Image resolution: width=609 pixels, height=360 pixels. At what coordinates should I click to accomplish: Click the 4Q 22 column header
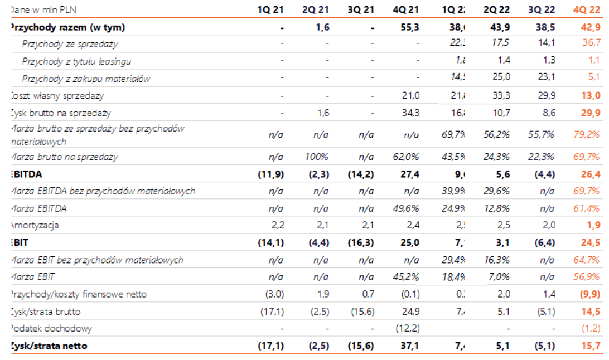pos(587,9)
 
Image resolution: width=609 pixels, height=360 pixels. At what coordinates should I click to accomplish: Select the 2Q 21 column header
pos(316,9)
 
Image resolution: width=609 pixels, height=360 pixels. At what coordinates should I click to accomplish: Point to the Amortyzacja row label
pos(33,226)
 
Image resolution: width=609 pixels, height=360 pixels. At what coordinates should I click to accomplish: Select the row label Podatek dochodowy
pos(51,329)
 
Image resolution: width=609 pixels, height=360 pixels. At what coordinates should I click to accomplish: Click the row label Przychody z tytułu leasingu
pos(76,61)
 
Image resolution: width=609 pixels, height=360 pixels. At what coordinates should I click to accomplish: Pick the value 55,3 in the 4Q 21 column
pos(409,27)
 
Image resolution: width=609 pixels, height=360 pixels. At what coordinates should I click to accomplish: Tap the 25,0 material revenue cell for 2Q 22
pos(501,79)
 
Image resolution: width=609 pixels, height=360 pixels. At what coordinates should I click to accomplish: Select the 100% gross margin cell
pos(316,157)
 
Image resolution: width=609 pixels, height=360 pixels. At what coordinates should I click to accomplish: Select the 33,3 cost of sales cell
pos(501,96)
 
